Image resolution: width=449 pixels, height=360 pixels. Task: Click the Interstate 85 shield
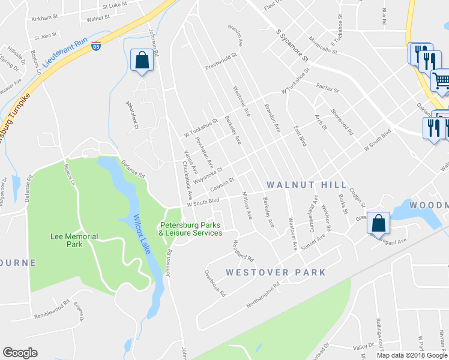97,46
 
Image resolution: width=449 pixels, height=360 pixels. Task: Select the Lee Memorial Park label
75,241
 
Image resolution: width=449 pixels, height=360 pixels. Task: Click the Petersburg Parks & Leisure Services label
191,229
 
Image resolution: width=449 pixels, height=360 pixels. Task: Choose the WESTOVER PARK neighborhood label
276,272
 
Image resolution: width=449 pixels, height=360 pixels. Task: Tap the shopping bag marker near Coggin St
378,223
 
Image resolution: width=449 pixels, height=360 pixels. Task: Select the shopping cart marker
441,80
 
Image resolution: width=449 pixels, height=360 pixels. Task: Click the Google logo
20,353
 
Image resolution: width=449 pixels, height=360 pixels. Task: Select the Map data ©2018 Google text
412,355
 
